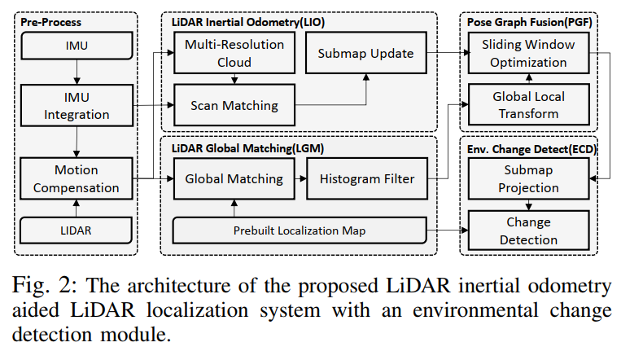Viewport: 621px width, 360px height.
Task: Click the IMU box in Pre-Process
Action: click(76, 46)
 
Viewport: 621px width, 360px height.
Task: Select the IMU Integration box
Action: click(76, 106)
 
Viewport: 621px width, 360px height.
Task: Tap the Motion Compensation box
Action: click(76, 179)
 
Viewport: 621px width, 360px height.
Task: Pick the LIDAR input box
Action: click(76, 231)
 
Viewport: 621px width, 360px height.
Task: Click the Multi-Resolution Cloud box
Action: click(235, 53)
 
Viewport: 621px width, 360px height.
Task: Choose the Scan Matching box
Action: click(235, 105)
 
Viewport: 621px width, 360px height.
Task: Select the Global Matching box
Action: click(234, 178)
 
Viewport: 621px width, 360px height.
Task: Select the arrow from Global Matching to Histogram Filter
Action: click(295, 178)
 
